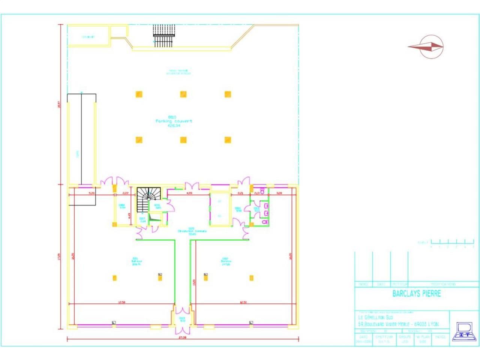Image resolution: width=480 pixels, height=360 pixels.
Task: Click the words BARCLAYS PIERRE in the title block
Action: click(x=416, y=294)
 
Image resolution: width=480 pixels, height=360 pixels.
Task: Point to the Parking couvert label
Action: click(x=174, y=121)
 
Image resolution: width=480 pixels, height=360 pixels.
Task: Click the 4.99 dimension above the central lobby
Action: click(x=189, y=193)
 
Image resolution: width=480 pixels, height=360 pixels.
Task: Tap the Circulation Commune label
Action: click(x=192, y=231)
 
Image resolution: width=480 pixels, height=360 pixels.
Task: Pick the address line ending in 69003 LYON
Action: click(x=398, y=324)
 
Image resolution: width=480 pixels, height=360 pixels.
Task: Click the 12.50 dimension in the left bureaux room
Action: click(x=121, y=302)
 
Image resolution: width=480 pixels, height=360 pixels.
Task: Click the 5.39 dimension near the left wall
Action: click(x=91, y=193)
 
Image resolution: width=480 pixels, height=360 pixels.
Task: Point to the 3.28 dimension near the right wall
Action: click(x=279, y=193)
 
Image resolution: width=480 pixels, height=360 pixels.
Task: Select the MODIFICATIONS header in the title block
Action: click(x=442, y=284)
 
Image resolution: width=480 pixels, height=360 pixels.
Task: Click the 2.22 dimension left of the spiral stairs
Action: click(x=126, y=193)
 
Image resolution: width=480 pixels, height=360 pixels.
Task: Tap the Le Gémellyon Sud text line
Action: click(x=376, y=318)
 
